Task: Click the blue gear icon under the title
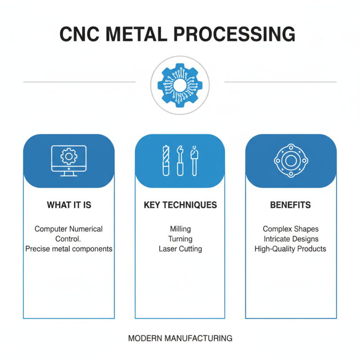tap(180, 85)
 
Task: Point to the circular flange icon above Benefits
tap(290, 161)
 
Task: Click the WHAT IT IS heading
tap(69, 205)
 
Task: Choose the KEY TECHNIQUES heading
tap(180, 205)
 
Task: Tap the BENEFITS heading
tap(290, 205)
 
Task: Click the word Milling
tap(180, 229)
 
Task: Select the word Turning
tap(180, 239)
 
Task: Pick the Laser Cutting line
tap(180, 249)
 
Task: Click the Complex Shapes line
tap(290, 229)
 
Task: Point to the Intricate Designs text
tap(290, 239)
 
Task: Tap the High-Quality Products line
tap(290, 249)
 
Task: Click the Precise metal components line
tap(69, 249)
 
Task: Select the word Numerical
tap(85, 229)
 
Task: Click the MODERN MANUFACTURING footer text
tap(180, 338)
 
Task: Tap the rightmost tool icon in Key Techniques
tap(194, 161)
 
